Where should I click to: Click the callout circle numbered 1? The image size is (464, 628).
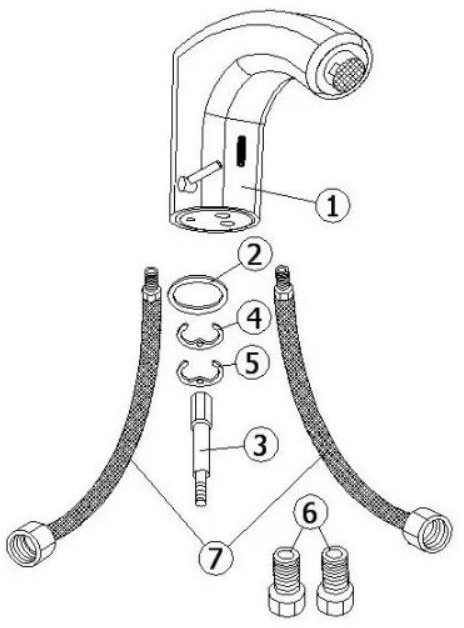click(332, 205)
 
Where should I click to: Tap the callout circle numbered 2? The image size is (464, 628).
click(255, 254)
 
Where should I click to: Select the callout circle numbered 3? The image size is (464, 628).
click(260, 445)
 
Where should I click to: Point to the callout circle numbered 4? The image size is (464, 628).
click(254, 318)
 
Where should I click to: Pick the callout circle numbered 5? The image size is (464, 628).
click(252, 362)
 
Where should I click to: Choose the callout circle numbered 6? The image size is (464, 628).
click(310, 513)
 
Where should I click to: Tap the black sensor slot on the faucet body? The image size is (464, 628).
click(241, 151)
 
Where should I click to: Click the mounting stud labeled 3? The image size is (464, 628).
click(200, 450)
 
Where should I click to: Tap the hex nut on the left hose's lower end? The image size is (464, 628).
click(31, 543)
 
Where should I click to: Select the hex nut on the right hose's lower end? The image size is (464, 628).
click(427, 530)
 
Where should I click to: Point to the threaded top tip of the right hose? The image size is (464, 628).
click(281, 275)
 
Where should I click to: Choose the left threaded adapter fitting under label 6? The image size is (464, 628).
click(286, 581)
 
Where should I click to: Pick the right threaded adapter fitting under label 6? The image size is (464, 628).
click(335, 581)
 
